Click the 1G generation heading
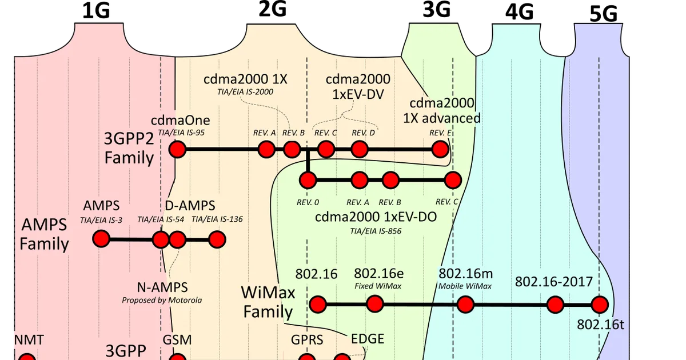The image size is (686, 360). [x=96, y=11]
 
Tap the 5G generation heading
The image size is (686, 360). [x=603, y=14]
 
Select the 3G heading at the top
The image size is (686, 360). [x=436, y=10]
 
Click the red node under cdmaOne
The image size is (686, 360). [x=177, y=149]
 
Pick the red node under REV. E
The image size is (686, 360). [x=440, y=149]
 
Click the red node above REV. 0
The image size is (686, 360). [x=308, y=180]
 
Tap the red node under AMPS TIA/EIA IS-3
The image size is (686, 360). [x=101, y=239]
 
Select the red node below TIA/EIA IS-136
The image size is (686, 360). [x=217, y=239]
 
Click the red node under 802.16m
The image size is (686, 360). [x=465, y=305]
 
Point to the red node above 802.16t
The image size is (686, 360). [x=600, y=305]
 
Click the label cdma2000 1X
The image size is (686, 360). [x=245, y=79]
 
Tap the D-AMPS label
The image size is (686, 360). [x=190, y=205]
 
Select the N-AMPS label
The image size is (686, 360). [x=162, y=287]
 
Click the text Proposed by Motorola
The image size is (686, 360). [x=162, y=300]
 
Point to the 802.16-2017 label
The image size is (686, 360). [x=554, y=282]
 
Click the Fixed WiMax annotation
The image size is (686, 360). [x=378, y=286]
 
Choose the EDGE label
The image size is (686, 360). [x=368, y=339]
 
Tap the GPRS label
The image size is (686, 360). [x=307, y=340]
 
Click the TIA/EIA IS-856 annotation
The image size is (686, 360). [x=376, y=231]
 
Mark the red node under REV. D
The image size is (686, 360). [x=359, y=149]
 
